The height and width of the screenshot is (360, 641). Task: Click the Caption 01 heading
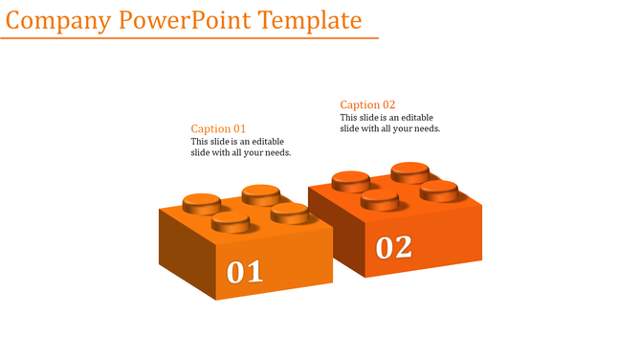point(218,128)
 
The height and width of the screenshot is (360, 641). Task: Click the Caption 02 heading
point(367,104)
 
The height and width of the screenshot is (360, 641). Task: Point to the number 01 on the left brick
point(245,272)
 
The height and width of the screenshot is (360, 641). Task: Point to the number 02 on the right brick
point(393,247)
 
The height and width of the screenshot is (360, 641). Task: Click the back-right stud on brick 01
point(260,193)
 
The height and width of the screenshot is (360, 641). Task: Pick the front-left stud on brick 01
point(231,222)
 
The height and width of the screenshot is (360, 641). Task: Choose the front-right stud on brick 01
point(289,212)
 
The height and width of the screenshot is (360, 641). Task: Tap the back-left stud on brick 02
point(351,180)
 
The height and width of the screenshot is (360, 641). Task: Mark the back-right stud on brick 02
point(409,171)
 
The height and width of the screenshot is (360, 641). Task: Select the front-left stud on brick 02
point(380,198)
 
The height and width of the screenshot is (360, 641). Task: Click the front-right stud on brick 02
point(438,190)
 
